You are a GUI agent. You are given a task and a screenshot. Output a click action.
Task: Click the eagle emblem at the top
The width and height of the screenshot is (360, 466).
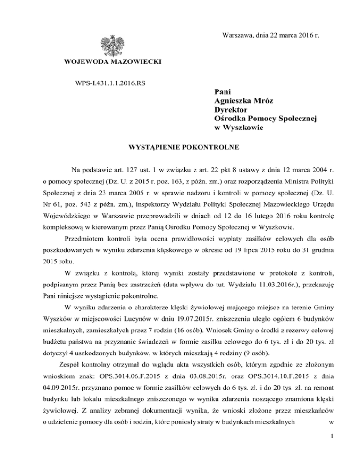pos(112,45)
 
